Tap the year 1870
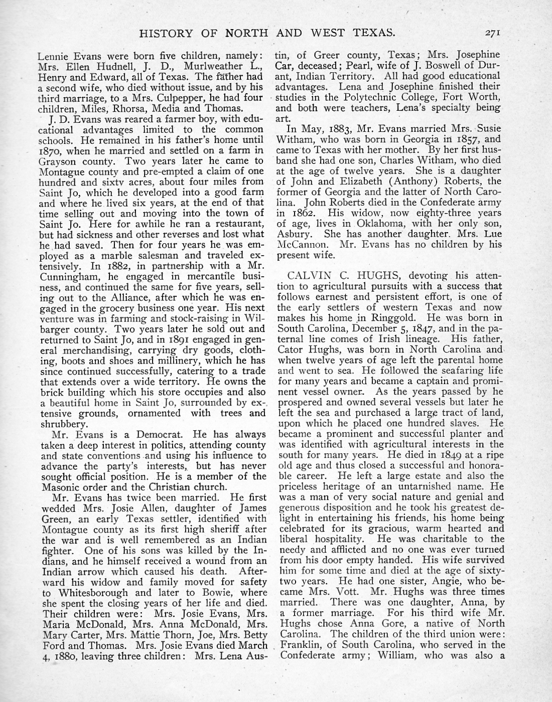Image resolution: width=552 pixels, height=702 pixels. point(52,150)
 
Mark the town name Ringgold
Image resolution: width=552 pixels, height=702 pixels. point(400,317)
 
